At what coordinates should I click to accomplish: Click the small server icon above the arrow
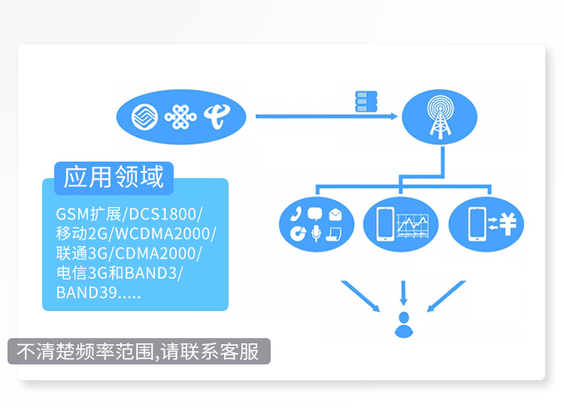click(x=365, y=101)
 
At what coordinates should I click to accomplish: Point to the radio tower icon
click(x=439, y=117)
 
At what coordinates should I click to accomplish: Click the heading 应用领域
click(x=114, y=177)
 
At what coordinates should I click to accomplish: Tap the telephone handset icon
click(x=296, y=213)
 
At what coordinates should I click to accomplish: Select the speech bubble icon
click(x=315, y=213)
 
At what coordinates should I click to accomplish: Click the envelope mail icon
click(x=335, y=215)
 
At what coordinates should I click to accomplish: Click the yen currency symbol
click(x=507, y=222)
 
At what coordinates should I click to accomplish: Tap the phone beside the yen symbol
click(x=476, y=223)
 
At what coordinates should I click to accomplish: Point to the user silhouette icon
click(x=404, y=324)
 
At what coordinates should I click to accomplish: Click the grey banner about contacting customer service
click(x=138, y=352)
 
